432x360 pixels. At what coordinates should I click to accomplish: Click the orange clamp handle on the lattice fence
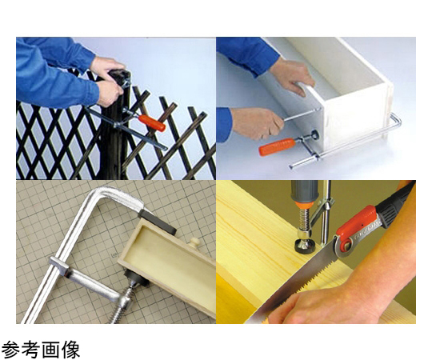coord(152,123)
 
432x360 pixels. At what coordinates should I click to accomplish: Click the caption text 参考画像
coord(41,350)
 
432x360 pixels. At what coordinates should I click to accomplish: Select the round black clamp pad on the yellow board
coord(306,246)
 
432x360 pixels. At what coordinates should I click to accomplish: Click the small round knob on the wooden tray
coord(194,242)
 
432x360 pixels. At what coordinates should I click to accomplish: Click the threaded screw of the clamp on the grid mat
coord(122,304)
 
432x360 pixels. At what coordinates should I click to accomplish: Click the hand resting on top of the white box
coord(293,75)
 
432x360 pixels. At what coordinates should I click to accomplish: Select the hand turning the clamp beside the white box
coord(257,122)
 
